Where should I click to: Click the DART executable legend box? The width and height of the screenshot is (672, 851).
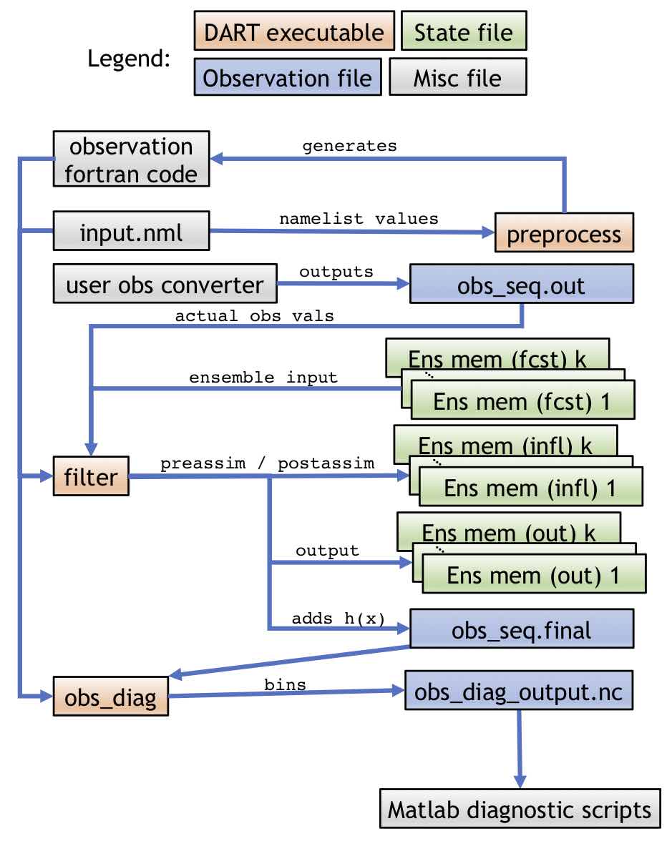click(x=293, y=32)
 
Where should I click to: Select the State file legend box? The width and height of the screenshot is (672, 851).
click(x=463, y=32)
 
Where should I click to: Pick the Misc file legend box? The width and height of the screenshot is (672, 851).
click(x=457, y=77)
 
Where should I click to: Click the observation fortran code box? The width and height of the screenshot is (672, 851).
click(x=131, y=160)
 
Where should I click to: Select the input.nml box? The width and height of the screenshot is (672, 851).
click(x=132, y=231)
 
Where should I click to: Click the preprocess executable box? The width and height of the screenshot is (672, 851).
click(x=564, y=235)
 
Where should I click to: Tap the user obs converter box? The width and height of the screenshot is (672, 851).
click(x=165, y=285)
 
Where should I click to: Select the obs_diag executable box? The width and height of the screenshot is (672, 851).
click(x=110, y=696)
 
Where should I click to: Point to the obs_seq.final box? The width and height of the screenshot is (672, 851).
click(x=521, y=630)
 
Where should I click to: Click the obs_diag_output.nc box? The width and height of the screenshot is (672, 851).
click(x=519, y=692)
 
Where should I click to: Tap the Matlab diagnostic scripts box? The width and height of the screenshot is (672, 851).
click(x=519, y=810)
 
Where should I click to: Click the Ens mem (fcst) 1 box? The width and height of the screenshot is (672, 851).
click(x=522, y=402)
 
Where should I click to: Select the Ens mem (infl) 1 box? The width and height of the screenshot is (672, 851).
click(x=530, y=488)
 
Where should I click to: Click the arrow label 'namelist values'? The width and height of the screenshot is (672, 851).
click(x=359, y=219)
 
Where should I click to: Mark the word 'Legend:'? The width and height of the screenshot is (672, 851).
click(x=129, y=59)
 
